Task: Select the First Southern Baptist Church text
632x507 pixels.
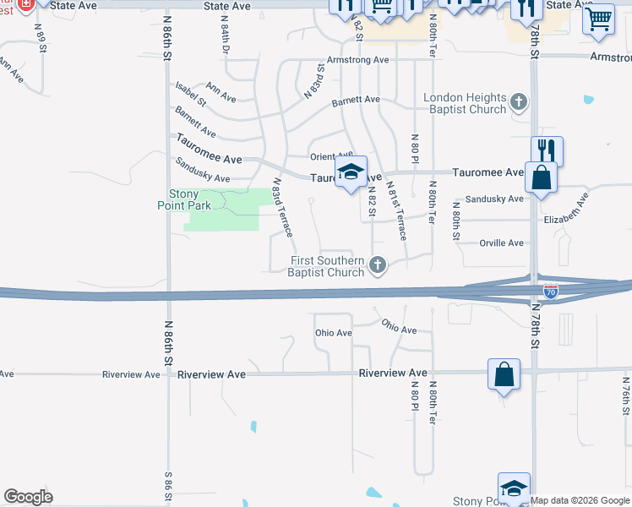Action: point(327,266)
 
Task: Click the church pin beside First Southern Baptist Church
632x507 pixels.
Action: point(378,266)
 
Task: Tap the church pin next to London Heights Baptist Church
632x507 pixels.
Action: point(519,104)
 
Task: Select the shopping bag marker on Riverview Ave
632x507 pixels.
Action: point(504,374)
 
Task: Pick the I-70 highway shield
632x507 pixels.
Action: point(551,291)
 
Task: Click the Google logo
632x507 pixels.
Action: point(28,497)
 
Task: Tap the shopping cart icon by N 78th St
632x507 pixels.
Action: point(598,19)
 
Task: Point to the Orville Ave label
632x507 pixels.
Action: point(501,243)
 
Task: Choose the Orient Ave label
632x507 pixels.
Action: point(329,156)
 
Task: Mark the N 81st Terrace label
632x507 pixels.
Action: point(396,210)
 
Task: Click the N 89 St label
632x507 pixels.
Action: point(40,37)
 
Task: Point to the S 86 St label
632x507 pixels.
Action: point(168,490)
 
